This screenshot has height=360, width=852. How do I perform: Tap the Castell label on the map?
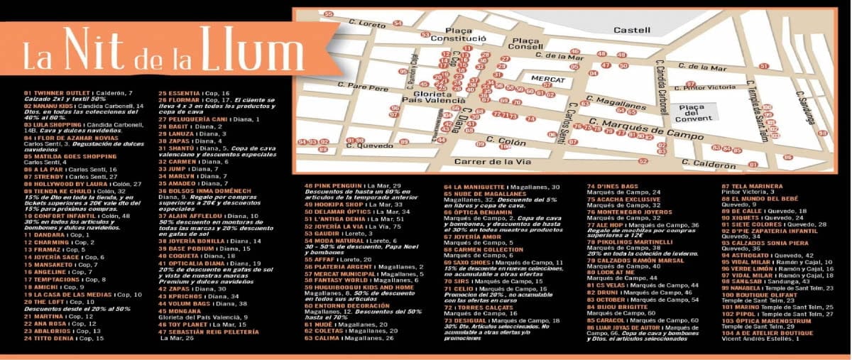click(631, 31)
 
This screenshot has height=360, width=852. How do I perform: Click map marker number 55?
click(327, 13)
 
